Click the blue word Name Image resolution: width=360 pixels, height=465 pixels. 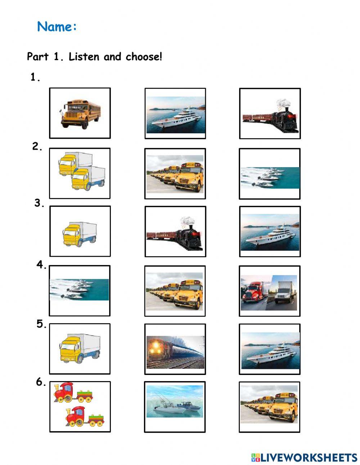[54, 27]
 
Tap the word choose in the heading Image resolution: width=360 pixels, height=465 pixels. [144, 57]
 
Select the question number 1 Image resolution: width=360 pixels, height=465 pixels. [35, 77]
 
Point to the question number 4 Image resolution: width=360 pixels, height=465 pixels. [41, 265]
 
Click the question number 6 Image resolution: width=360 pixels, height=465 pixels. [41, 382]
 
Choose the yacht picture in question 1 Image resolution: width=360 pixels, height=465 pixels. [176, 115]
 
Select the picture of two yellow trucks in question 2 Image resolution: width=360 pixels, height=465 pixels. [82, 171]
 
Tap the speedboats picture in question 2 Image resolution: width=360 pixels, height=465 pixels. [270, 178]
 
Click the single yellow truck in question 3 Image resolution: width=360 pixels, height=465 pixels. [80, 234]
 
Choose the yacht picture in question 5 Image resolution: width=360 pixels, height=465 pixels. [271, 350]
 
